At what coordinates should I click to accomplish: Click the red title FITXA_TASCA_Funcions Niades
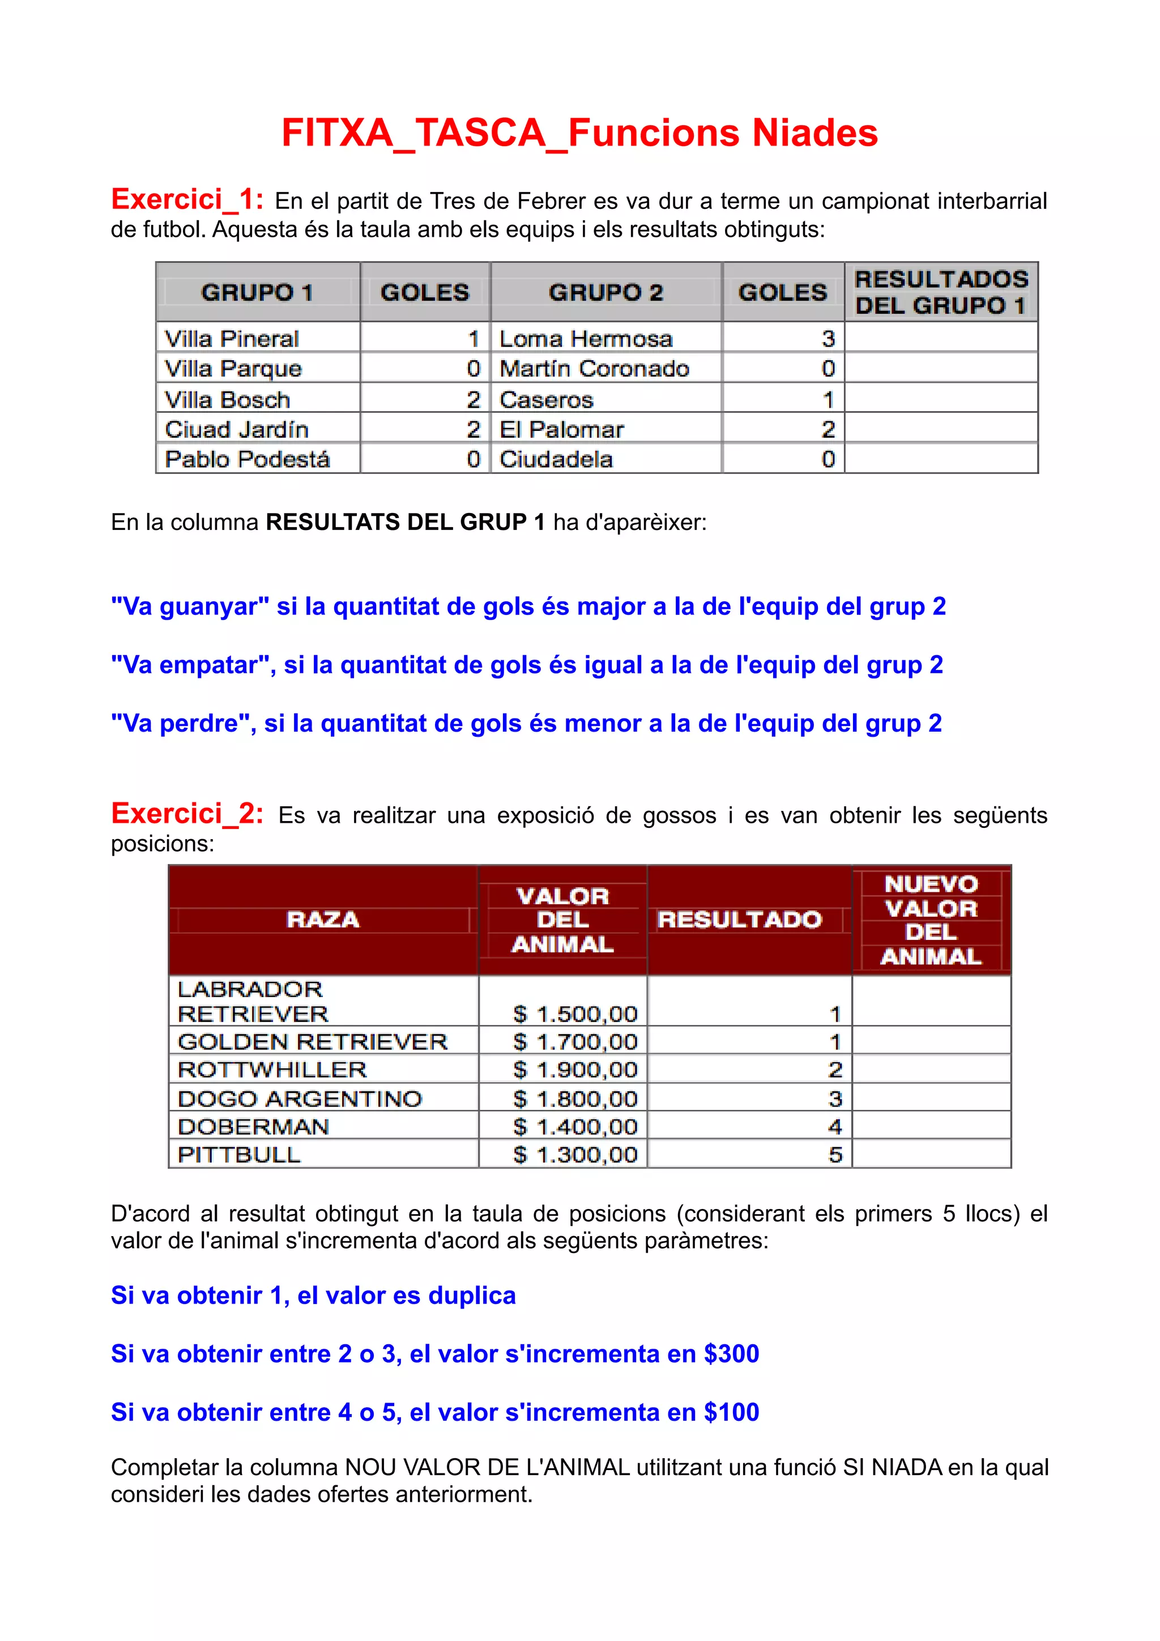[579, 134]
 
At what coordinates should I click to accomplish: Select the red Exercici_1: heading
[187, 199]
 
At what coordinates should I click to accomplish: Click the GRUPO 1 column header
[257, 292]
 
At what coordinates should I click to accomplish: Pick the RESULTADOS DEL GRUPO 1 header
[941, 292]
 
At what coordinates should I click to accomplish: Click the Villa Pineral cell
[232, 338]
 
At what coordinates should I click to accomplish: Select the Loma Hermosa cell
[586, 338]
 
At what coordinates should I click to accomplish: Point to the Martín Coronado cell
[594, 369]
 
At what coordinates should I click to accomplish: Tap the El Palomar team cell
[562, 430]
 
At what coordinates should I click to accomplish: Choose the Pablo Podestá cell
[248, 459]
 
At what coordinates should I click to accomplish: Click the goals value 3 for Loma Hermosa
[828, 338]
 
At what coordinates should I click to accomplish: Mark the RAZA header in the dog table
[322, 919]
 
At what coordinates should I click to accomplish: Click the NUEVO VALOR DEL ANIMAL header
[931, 920]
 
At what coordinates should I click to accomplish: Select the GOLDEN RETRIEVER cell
[312, 1041]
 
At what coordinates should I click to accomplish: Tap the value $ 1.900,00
[575, 1070]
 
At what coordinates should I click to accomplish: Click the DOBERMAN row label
[253, 1126]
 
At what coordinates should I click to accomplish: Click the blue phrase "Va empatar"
[189, 665]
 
